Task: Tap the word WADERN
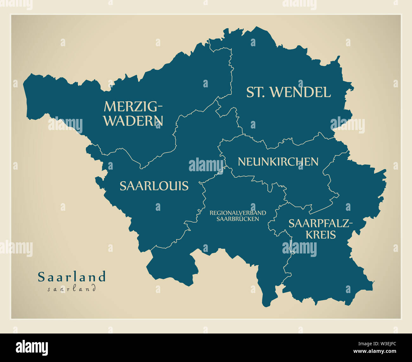(x=134, y=121)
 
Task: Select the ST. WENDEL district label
(x=288, y=92)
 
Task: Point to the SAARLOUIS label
(x=154, y=186)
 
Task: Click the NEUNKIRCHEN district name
(x=278, y=162)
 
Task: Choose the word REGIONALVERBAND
(x=238, y=213)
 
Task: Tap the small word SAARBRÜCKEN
(x=238, y=219)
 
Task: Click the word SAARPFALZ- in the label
(x=320, y=224)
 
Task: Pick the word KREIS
(x=320, y=235)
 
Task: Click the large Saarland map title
(x=72, y=277)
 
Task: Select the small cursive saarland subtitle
(x=72, y=288)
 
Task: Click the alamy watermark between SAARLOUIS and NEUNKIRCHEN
(x=206, y=165)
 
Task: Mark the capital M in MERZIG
(x=109, y=107)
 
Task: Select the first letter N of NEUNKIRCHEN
(x=241, y=162)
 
